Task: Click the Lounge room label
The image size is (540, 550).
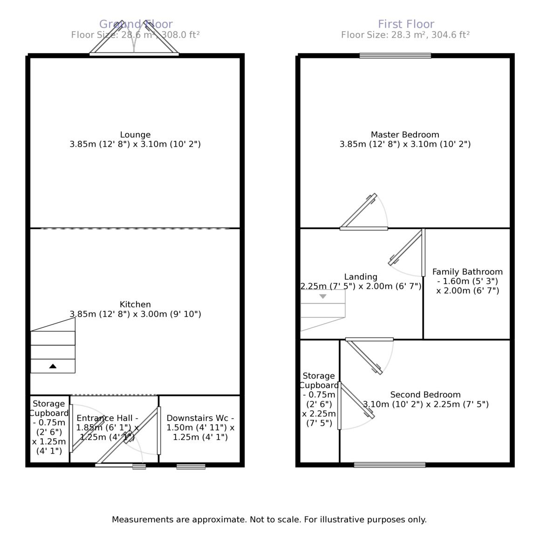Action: (135, 135)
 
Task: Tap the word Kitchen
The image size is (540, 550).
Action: (135, 305)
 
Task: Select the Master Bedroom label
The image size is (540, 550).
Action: (405, 135)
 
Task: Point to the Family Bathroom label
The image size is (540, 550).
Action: (467, 272)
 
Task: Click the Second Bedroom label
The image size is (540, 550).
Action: (425, 395)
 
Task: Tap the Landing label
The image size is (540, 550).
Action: (361, 277)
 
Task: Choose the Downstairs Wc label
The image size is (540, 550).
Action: (200, 418)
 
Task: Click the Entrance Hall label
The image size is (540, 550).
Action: (107, 418)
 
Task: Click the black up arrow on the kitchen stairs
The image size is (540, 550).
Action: (53, 366)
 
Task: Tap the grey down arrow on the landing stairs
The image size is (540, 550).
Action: (323, 296)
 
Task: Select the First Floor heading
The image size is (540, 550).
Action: (406, 24)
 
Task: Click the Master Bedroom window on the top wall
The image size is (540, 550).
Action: (395, 56)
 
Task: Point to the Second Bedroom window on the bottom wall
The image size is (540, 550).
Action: (390, 464)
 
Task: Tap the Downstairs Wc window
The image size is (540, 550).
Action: (191, 466)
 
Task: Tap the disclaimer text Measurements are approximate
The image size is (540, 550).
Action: (269, 519)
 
